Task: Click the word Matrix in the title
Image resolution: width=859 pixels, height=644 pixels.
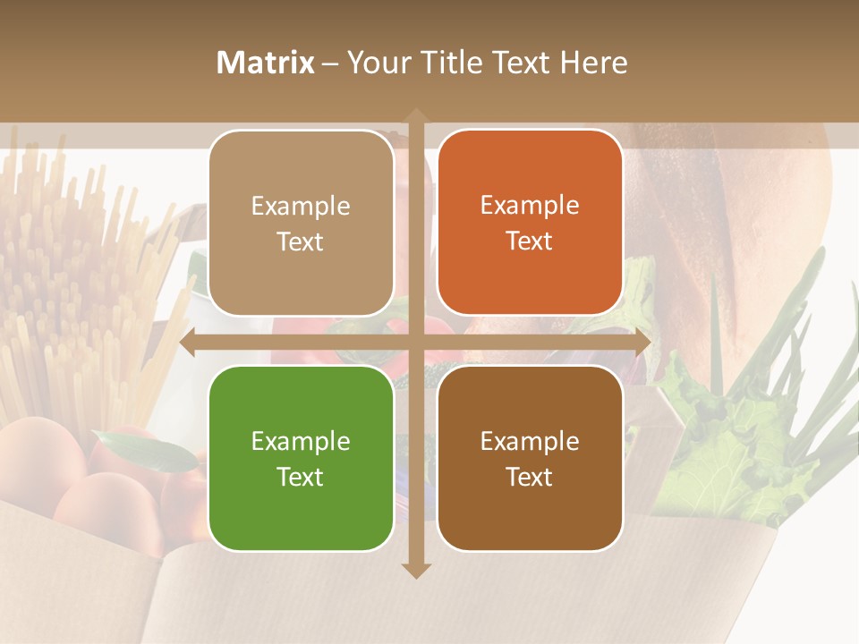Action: (266, 63)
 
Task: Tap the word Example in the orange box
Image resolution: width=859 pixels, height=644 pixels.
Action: (530, 206)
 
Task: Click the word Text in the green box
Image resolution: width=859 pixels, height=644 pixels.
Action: (301, 477)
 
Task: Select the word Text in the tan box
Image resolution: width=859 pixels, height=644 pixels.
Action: (301, 241)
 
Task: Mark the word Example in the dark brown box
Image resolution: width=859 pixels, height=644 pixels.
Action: (530, 441)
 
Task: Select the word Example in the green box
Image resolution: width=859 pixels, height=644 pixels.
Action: (301, 441)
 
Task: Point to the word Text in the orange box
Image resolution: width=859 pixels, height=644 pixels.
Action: (530, 241)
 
